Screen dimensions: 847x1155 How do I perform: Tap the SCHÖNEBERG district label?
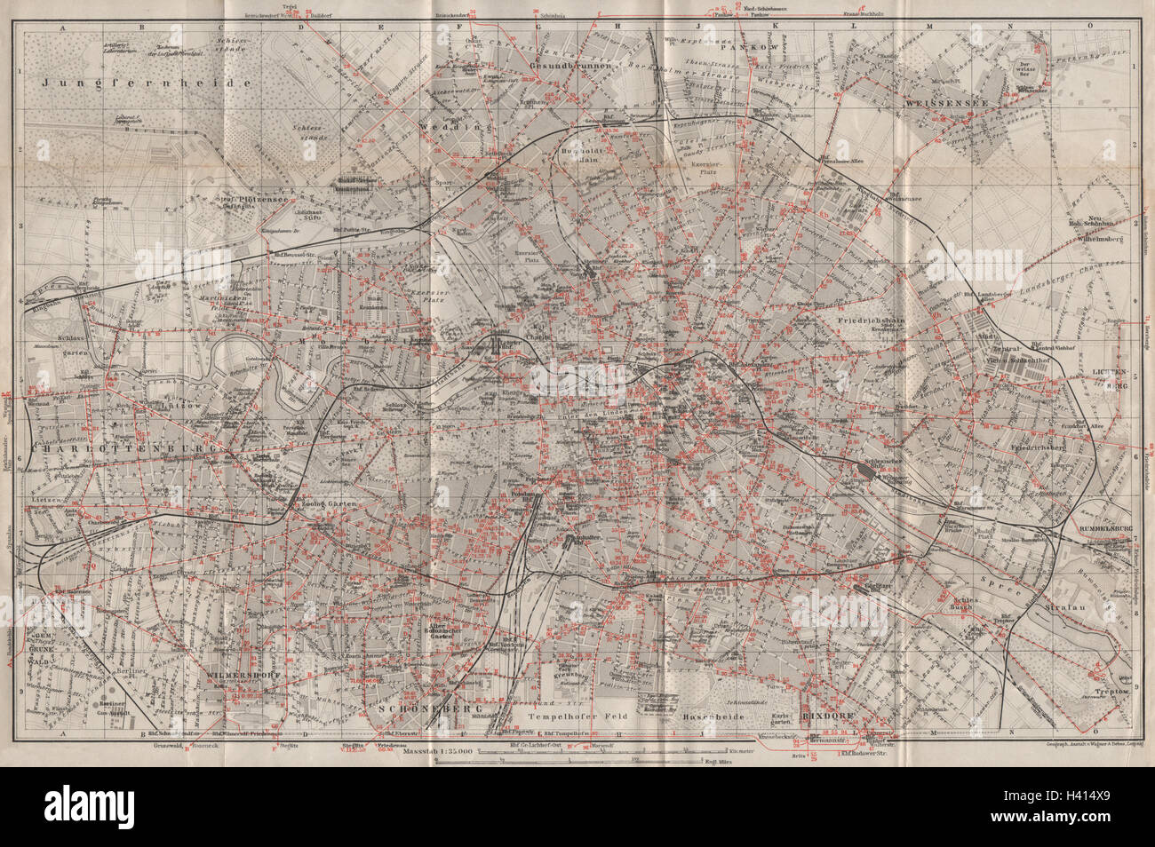tap(417, 709)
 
